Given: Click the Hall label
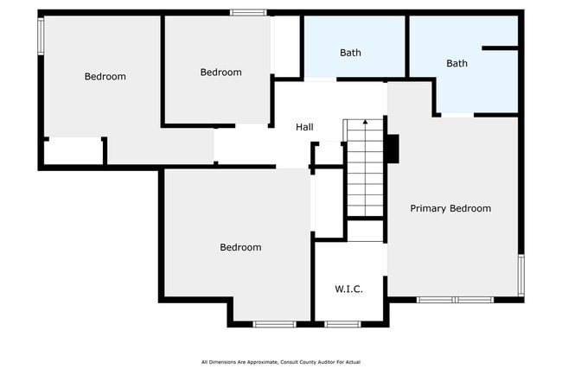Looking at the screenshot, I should (x=304, y=127).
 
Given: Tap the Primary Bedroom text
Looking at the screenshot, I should (x=450, y=208).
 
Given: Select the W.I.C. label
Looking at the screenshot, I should (x=348, y=289).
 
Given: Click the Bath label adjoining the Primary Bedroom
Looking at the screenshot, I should (x=457, y=63).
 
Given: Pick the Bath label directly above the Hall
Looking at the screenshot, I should (x=350, y=53).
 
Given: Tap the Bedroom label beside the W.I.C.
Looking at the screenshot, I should (x=240, y=247).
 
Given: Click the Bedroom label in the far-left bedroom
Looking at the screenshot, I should (x=105, y=76).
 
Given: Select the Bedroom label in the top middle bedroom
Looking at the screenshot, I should (x=220, y=72).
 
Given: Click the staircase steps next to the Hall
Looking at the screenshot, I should (x=365, y=168).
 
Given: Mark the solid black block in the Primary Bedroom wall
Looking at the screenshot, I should (x=393, y=149).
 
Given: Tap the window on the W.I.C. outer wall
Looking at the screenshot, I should (x=342, y=324).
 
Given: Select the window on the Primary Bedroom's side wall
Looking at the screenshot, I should (x=520, y=275).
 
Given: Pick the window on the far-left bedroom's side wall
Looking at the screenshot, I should (x=40, y=36).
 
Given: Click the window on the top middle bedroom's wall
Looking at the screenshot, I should (x=248, y=12).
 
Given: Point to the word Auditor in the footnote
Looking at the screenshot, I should (x=321, y=361).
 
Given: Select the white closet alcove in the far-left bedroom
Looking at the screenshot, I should (x=73, y=151).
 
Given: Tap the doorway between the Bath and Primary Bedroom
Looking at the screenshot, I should (x=457, y=114).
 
